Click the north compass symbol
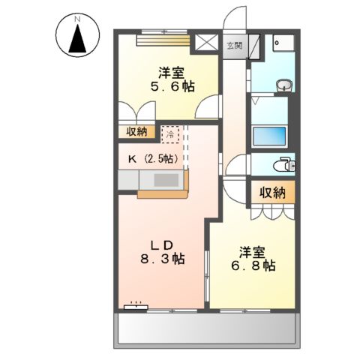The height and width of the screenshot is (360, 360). click(77, 35)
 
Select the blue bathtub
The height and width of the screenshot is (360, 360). click(271, 137)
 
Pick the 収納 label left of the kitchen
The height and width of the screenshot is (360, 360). click(136, 133)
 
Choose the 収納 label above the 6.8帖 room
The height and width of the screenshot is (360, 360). click(273, 193)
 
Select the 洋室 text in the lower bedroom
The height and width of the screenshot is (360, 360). click(252, 250)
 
